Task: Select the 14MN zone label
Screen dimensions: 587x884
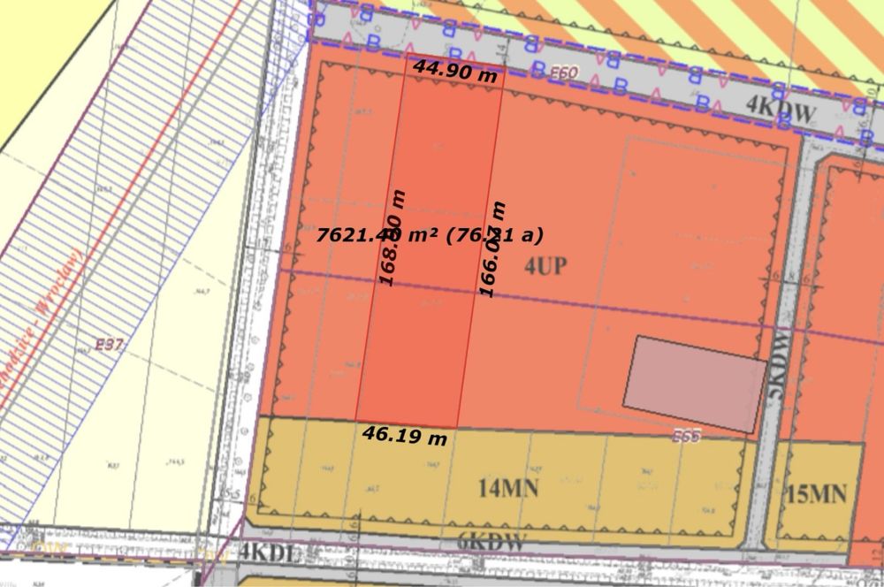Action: (x=508, y=487)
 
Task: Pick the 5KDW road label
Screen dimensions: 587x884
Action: (x=777, y=367)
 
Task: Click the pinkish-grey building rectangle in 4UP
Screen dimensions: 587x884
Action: (x=695, y=384)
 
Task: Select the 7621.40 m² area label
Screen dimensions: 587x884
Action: (x=429, y=235)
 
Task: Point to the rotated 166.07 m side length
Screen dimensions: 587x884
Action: (x=493, y=249)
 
